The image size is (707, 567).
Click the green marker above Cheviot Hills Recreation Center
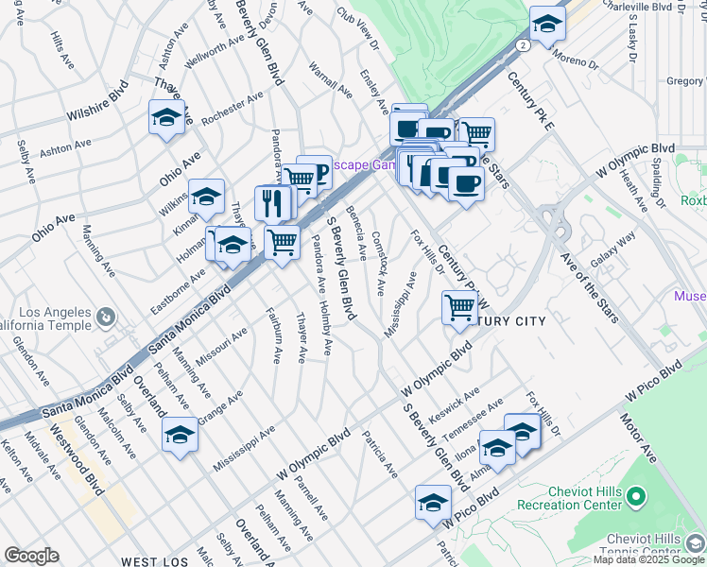pos(637,494)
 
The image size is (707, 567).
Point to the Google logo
pos(31,556)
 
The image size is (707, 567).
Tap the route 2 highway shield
pos(523,44)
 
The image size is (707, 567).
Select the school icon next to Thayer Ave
pos(166,118)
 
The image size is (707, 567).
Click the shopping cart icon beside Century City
pos(459,306)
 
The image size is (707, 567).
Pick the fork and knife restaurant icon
pos(272,201)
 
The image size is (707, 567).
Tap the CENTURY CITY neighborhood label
pos(510,322)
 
